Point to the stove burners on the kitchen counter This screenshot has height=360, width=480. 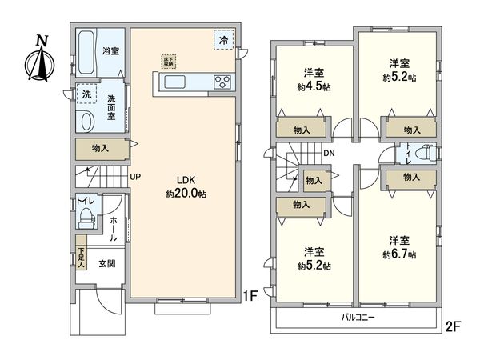coord(221,81)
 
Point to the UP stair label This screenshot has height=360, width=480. coord(137,178)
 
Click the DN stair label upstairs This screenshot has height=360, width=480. coord(329,154)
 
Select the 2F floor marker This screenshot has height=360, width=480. coord(453,326)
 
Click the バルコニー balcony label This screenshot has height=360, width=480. coord(357,317)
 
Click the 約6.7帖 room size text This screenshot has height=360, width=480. coord(398,254)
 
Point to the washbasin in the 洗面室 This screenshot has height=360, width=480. coord(87,121)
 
